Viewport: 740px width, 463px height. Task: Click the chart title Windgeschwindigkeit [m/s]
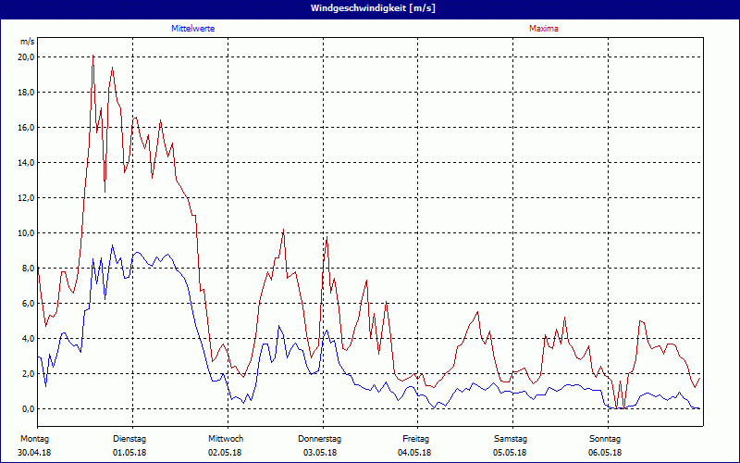click(369, 8)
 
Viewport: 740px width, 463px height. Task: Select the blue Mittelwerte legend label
click(193, 29)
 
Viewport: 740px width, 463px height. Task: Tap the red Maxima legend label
click(544, 29)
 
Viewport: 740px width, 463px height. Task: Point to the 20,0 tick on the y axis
click(26, 57)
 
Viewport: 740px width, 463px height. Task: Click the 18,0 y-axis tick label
click(26, 93)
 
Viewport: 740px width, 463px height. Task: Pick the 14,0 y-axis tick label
click(26, 163)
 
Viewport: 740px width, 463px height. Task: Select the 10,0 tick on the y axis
click(26, 233)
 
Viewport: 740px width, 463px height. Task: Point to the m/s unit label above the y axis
click(27, 43)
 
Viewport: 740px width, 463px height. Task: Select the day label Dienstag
click(129, 438)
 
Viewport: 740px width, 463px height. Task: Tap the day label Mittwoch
click(226, 438)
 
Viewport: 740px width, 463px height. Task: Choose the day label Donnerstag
click(320, 438)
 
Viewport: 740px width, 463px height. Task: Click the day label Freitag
click(416, 438)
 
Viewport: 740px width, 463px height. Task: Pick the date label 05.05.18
click(511, 453)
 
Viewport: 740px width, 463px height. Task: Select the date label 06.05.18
click(605, 453)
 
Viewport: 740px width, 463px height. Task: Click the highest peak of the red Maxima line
click(92, 56)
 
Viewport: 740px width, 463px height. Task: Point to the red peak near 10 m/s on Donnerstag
click(326, 238)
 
